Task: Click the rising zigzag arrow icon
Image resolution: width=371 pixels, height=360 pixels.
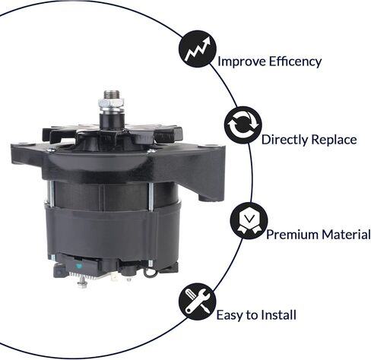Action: pyautogui.click(x=198, y=49)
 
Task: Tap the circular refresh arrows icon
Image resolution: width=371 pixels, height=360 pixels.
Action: pyautogui.click(x=243, y=125)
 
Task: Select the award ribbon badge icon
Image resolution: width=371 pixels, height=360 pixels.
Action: pyautogui.click(x=249, y=221)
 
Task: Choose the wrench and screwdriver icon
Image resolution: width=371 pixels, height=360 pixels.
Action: pyautogui.click(x=198, y=302)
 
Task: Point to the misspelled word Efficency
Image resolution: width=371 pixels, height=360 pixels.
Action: pyautogui.click(x=295, y=62)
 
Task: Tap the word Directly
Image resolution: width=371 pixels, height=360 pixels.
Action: pyautogui.click(x=285, y=140)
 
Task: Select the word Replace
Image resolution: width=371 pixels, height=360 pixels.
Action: pyautogui.click(x=334, y=140)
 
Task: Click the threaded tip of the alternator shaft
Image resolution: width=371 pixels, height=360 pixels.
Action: pyautogui.click(x=111, y=94)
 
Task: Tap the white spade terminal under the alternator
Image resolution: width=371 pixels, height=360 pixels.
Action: pyautogui.click(x=114, y=278)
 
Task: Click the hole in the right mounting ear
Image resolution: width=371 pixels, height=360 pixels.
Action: pyautogui.click(x=209, y=146)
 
